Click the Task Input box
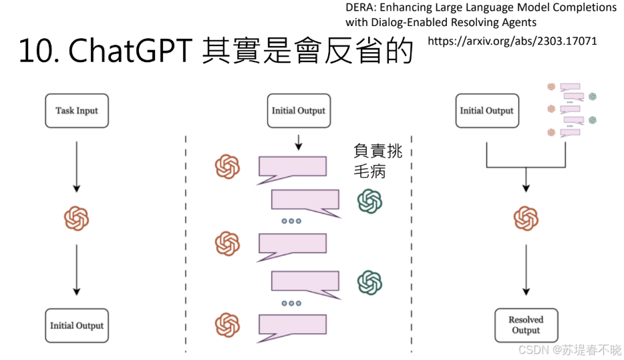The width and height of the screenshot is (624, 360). [76, 111]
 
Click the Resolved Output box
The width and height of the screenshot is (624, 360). [526, 325]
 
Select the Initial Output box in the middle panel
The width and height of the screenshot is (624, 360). [298, 111]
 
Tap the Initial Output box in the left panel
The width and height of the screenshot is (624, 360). [76, 326]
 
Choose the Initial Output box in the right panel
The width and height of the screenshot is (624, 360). [486, 111]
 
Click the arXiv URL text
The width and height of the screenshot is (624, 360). [512, 41]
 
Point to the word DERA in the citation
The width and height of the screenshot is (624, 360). [361, 8]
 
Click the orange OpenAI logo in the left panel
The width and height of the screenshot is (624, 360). [76, 218]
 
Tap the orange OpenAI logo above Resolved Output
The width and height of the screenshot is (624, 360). [526, 218]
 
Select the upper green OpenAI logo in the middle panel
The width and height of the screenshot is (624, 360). [369, 201]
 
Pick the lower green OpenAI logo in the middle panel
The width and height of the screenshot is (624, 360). [369, 283]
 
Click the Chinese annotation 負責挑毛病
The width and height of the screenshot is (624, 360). [377, 161]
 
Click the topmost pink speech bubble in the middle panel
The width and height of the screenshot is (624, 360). [292, 168]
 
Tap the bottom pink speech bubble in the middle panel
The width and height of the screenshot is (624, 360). [292, 325]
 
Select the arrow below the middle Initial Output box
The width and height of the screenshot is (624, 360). [298, 141]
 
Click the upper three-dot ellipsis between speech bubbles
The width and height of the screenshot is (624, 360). [291, 221]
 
